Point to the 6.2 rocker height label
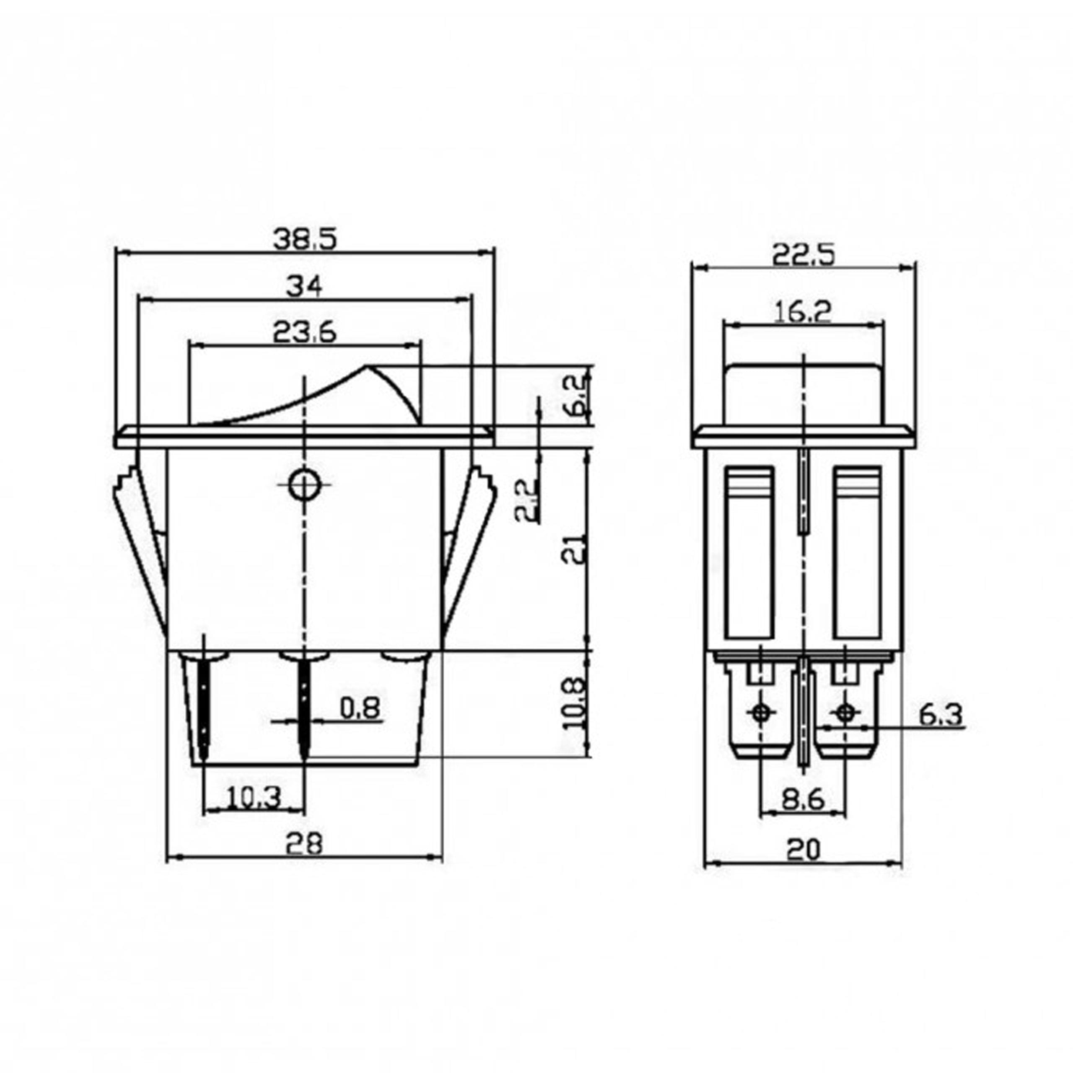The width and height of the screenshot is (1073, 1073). (x=572, y=395)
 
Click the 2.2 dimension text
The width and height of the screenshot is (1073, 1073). (x=525, y=499)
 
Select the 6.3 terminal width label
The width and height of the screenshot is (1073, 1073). (x=941, y=715)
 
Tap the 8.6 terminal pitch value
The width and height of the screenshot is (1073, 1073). (x=803, y=800)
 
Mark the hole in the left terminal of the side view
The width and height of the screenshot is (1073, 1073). (x=760, y=712)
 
